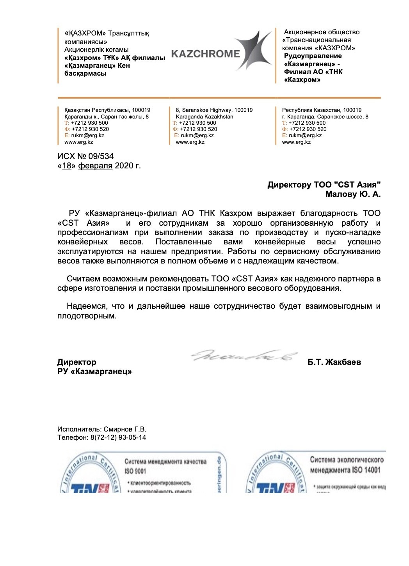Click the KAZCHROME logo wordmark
(206, 54)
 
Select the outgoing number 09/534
(101, 156)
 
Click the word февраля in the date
(95, 166)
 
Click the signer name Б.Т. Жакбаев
(334, 362)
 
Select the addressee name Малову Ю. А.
(353, 194)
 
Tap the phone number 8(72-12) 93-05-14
(118, 437)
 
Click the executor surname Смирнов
(118, 430)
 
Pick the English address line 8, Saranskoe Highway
(214, 110)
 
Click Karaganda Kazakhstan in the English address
(204, 117)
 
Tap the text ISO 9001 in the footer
(135, 471)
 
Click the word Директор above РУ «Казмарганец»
(76, 362)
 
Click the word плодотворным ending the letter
(87, 316)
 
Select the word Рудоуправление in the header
(313, 56)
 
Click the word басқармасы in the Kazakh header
(85, 73)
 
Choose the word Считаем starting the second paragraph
(83, 279)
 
